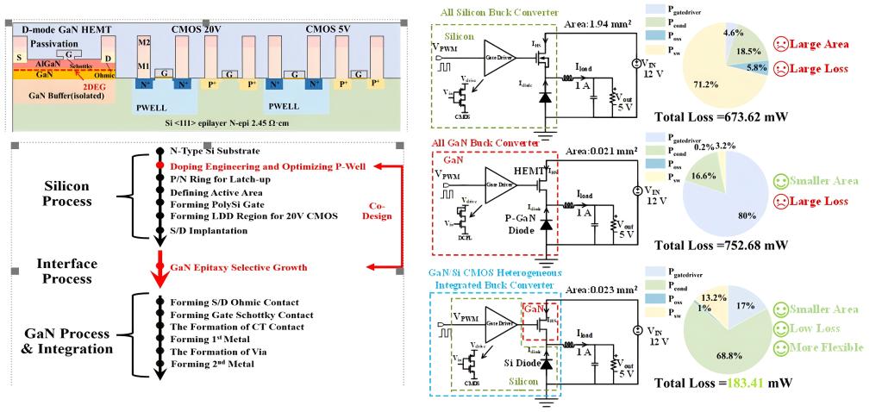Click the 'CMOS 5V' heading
pos(333,29)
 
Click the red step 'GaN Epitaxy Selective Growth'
pos(236,268)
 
